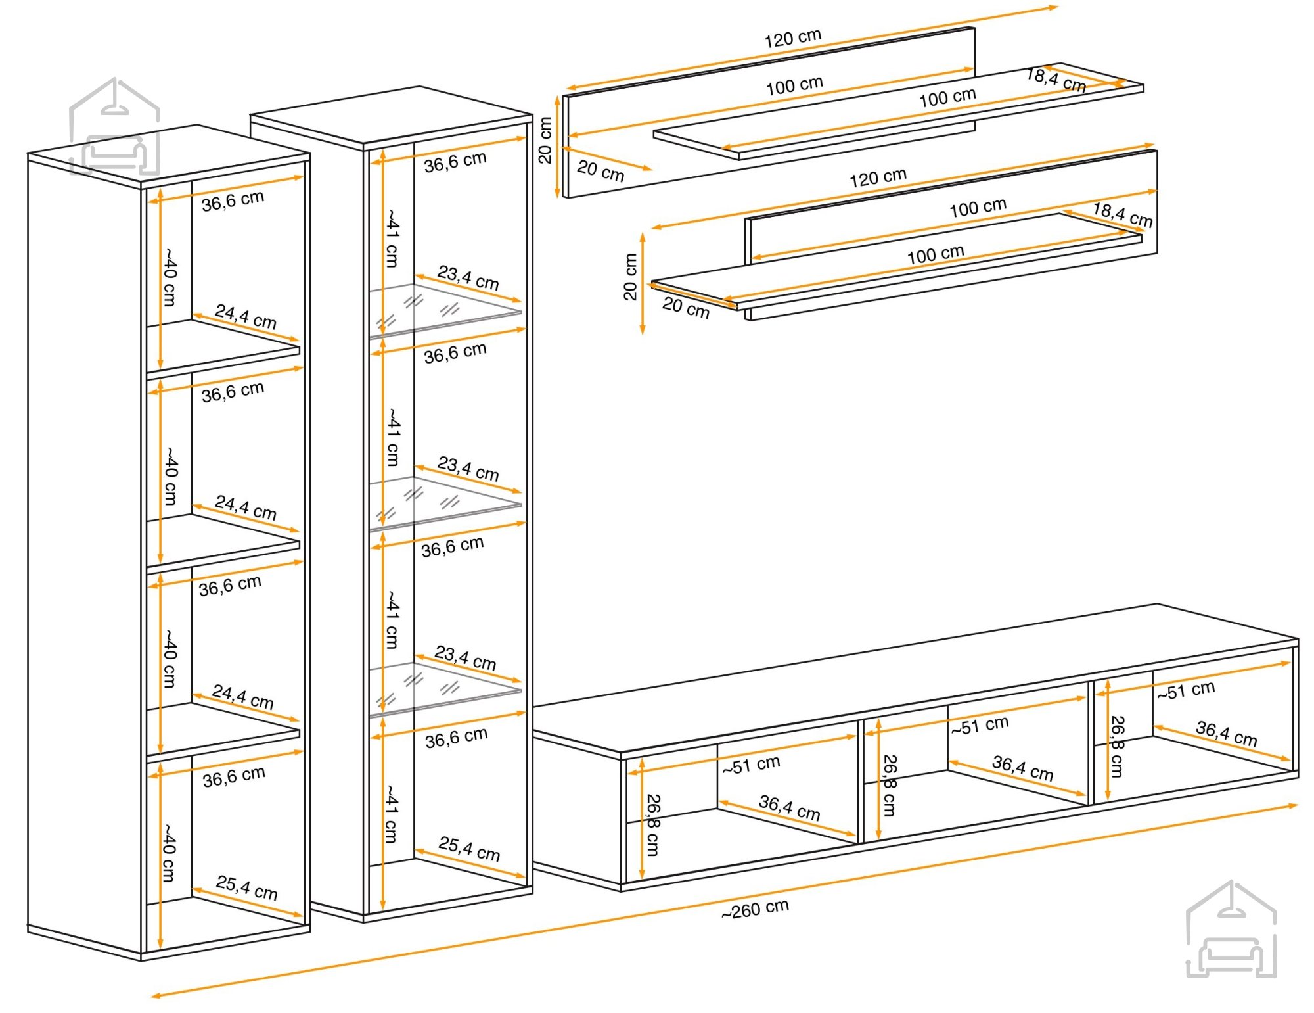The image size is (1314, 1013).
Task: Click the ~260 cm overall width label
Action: (755, 909)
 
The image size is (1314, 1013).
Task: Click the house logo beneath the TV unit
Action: (1231, 930)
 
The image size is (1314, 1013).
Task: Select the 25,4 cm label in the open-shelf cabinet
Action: (246, 887)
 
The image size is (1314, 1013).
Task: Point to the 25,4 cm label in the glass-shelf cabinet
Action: (469, 848)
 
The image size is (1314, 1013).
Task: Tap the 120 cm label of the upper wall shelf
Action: (792, 38)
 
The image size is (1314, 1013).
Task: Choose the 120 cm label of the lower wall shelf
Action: (878, 177)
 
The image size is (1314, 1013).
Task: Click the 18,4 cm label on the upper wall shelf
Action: (1056, 80)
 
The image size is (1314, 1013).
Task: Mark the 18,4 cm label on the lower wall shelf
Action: (1122, 215)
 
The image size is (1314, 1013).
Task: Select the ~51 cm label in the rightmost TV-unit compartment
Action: (1186, 690)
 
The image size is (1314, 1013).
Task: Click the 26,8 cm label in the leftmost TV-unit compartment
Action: (652, 824)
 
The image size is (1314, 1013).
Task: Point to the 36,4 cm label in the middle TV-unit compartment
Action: (1022, 768)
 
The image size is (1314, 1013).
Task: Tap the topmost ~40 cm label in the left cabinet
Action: (170, 277)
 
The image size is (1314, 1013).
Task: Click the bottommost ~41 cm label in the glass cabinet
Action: (391, 813)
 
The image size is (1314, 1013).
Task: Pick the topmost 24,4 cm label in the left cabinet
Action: (246, 316)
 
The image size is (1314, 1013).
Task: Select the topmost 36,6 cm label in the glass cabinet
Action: (455, 162)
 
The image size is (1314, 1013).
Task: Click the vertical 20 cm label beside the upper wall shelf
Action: (545, 140)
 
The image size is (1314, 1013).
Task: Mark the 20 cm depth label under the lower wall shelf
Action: (685, 307)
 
